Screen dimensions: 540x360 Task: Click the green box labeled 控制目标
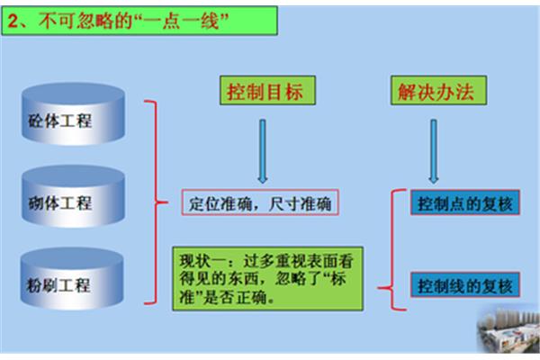point(267,90)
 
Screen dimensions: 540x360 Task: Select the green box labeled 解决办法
point(438,90)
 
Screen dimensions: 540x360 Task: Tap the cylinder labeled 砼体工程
point(73,113)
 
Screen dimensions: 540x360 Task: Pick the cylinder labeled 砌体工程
point(73,196)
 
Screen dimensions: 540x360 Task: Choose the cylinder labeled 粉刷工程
point(72,278)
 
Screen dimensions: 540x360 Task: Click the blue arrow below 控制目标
point(263,151)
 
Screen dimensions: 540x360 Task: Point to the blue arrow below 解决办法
point(434,151)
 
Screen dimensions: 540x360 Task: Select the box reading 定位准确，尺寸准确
point(260,202)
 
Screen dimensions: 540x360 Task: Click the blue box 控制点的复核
point(465,202)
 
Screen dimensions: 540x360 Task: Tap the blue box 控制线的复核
point(465,285)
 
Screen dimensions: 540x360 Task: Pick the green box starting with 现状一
point(267,279)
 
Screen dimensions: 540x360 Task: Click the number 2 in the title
point(13,21)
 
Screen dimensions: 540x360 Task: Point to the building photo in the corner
point(508,329)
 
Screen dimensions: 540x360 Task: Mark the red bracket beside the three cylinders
point(156,202)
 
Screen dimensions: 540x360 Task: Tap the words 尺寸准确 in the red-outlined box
point(300,204)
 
